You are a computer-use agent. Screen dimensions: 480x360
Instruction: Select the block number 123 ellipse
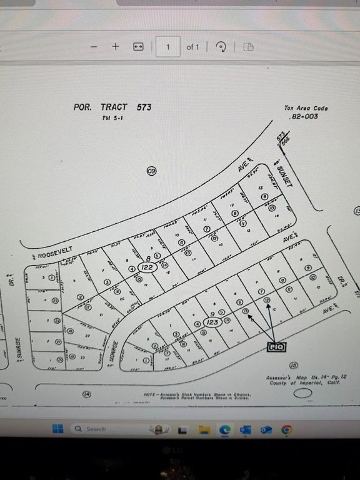tap(212, 323)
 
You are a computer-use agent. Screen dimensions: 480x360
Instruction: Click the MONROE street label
tap(114, 347)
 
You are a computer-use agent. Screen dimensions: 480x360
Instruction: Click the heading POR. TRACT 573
tap(112, 107)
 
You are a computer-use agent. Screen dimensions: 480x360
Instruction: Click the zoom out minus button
tap(93, 47)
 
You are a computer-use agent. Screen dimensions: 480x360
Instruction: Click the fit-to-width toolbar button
tap(138, 47)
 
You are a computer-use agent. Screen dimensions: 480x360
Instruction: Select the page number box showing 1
tap(167, 47)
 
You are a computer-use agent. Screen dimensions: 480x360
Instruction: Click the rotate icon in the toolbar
tap(221, 47)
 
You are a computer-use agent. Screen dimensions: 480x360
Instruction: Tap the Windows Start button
tap(57, 429)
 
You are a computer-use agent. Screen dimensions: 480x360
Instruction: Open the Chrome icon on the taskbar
tap(287, 429)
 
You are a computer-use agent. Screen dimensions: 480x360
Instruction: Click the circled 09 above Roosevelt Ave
tap(151, 170)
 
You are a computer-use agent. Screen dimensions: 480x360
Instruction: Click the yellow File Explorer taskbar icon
tap(203, 429)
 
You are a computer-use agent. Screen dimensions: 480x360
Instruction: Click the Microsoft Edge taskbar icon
tap(224, 429)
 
